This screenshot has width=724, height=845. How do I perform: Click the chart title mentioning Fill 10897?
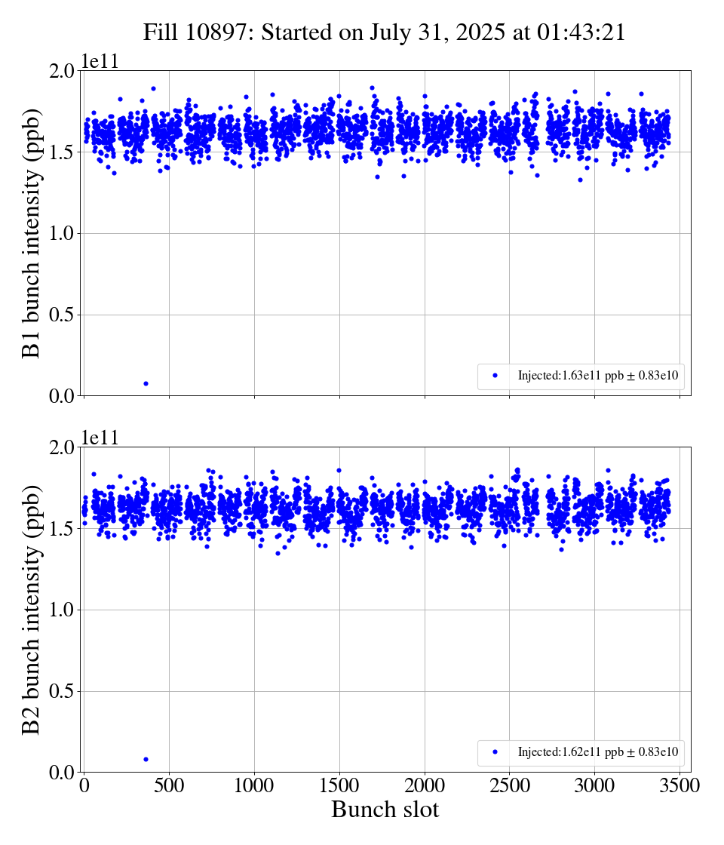click(x=384, y=33)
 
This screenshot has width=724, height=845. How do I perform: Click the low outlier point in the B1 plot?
click(x=146, y=383)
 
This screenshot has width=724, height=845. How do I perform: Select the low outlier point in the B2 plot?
click(x=146, y=759)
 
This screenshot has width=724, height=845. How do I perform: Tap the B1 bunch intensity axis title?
click(x=32, y=232)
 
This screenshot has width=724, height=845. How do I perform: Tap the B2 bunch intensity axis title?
click(x=32, y=610)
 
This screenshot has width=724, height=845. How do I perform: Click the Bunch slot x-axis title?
click(x=385, y=810)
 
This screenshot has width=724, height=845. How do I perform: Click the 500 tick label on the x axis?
click(x=169, y=785)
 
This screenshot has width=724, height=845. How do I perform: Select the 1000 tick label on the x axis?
click(x=254, y=785)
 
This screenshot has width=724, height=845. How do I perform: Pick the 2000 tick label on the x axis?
click(x=425, y=785)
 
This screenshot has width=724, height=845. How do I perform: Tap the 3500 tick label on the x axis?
click(x=680, y=785)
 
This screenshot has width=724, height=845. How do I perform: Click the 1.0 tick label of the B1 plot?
click(x=63, y=233)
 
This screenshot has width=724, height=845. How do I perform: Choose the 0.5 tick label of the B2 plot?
click(x=63, y=691)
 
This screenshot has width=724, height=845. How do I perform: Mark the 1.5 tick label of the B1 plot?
click(x=63, y=152)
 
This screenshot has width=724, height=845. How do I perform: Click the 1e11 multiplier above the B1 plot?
click(x=100, y=62)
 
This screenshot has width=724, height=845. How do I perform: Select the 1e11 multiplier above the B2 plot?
click(x=100, y=438)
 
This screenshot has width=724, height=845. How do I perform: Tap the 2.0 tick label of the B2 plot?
click(x=63, y=447)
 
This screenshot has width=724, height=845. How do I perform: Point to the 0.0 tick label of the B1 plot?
click(x=63, y=396)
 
